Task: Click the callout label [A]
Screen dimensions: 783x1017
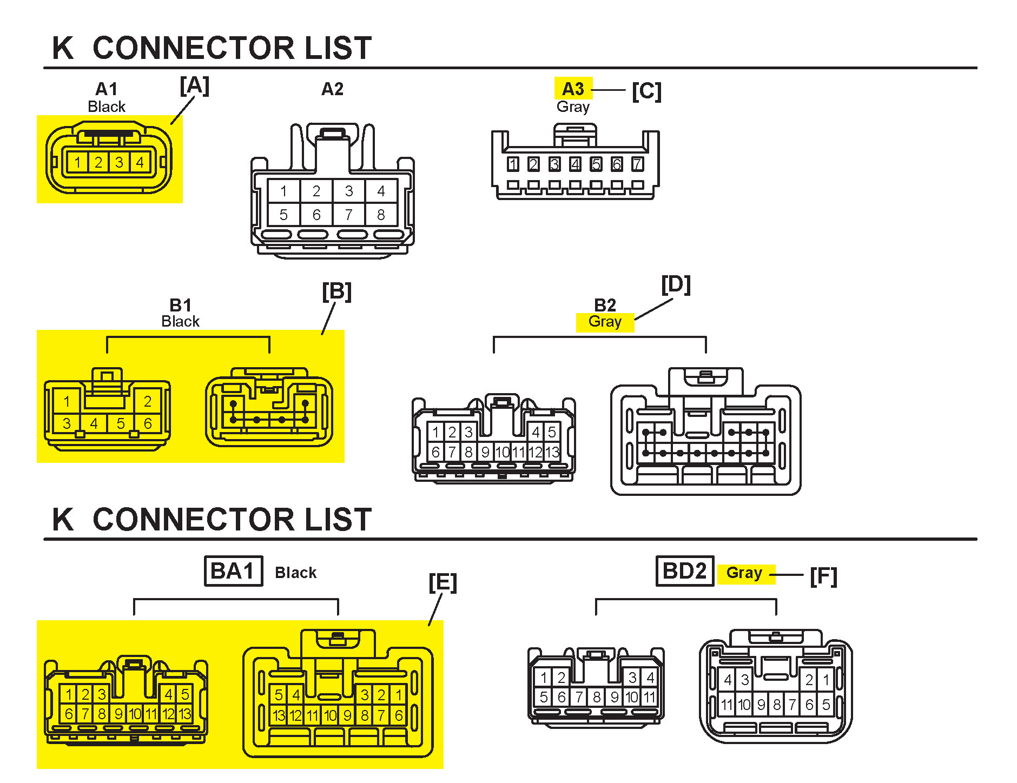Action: pos(194,86)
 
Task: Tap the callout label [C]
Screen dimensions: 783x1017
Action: pos(646,91)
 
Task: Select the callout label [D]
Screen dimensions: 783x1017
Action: pos(676,285)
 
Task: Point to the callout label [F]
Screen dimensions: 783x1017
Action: pos(823,576)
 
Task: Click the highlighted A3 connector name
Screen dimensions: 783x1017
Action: pos(573,89)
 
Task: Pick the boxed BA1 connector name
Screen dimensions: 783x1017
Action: pos(233,571)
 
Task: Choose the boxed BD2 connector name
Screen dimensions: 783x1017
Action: pos(684,571)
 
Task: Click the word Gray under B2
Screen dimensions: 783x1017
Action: pos(605,322)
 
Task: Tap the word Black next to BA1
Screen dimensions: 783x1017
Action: pos(295,573)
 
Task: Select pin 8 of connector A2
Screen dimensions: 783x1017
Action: pos(381,215)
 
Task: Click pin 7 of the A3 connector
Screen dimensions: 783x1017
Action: pos(637,164)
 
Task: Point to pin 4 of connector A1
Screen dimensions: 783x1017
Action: pos(140,162)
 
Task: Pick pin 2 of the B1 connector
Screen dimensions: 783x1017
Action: pos(147,401)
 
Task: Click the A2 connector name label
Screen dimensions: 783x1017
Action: pos(332,89)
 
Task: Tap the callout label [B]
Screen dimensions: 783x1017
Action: pos(336,292)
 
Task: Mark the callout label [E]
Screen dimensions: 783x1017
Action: pos(443,583)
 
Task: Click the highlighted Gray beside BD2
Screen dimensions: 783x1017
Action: pos(744,573)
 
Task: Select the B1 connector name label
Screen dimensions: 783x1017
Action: pos(180,305)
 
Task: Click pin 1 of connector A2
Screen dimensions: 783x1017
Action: pos(283,191)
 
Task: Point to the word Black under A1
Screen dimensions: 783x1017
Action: pos(107,107)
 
